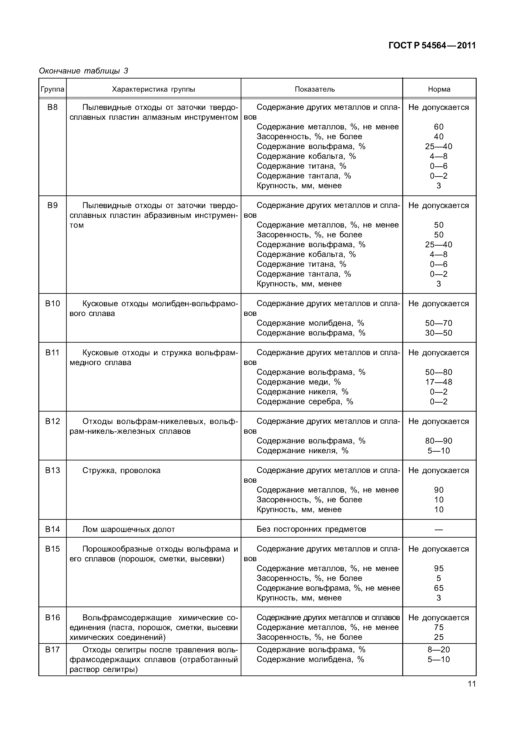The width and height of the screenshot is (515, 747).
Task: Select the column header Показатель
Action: click(x=315, y=89)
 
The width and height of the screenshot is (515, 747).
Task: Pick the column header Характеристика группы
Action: click(x=153, y=89)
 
